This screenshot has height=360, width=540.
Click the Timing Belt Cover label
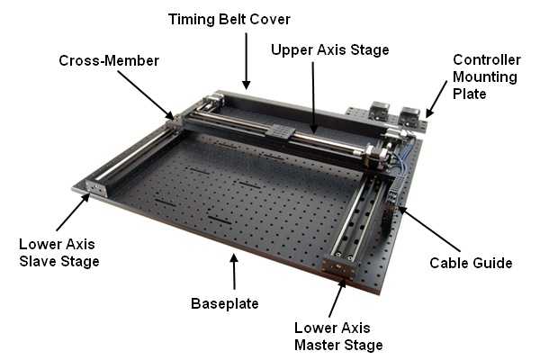pyautogui.click(x=229, y=19)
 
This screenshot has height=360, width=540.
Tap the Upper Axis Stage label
pyautogui.click(x=330, y=50)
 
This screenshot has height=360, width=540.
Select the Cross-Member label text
pyautogui.click(x=109, y=60)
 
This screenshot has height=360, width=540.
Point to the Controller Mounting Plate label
pyautogui.click(x=486, y=76)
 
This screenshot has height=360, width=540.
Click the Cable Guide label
pyautogui.click(x=471, y=263)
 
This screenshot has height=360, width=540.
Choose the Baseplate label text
pyautogui.click(x=224, y=303)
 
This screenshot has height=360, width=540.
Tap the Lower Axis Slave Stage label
pyautogui.click(x=59, y=253)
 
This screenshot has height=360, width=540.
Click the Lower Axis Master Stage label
pyautogui.click(x=338, y=337)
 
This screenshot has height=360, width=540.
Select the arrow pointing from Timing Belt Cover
pyautogui.click(x=246, y=61)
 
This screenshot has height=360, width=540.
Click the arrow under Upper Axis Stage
pyautogui.click(x=313, y=97)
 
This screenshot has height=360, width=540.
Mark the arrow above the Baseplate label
pyautogui.click(x=234, y=272)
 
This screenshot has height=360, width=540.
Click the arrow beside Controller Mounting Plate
pyautogui.click(x=436, y=100)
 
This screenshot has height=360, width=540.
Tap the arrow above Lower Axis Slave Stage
pyautogui.click(x=73, y=212)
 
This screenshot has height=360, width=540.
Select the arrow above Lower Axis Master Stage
pyautogui.click(x=337, y=297)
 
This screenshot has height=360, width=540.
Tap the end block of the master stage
pyautogui.click(x=339, y=266)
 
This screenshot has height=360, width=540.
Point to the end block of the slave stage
pyautogui.click(x=97, y=187)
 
